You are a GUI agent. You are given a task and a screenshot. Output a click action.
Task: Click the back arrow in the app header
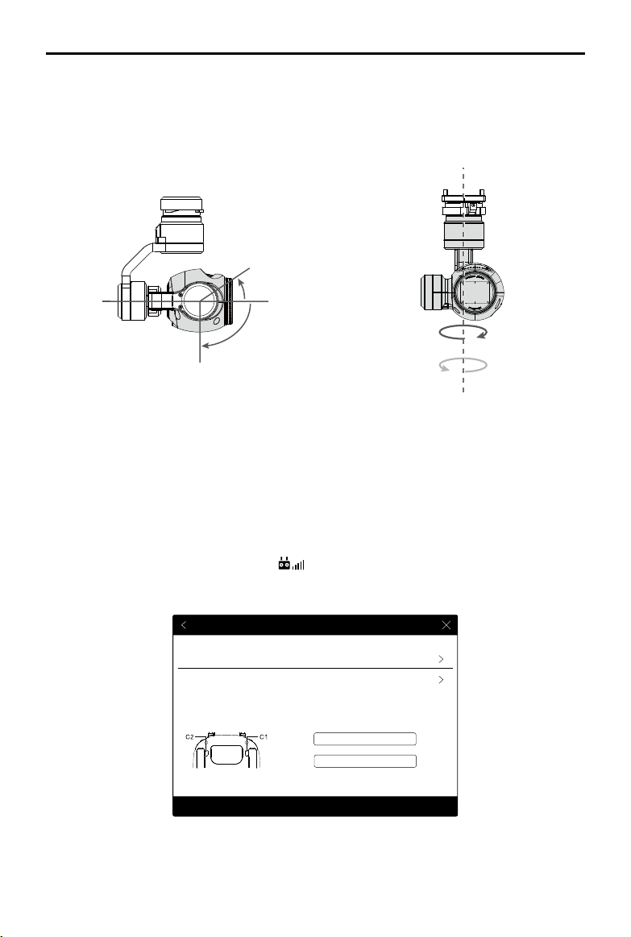pyautogui.click(x=184, y=625)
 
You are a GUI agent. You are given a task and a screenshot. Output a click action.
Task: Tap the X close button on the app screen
pyautogui.click(x=446, y=625)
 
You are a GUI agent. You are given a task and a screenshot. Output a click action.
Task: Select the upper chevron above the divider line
pyautogui.click(x=441, y=659)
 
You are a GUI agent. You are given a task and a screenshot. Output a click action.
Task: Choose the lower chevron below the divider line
pyautogui.click(x=441, y=680)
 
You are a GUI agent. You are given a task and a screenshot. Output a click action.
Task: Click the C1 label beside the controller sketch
pyautogui.click(x=263, y=737)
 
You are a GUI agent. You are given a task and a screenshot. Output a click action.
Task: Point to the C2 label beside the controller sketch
pyautogui.click(x=190, y=737)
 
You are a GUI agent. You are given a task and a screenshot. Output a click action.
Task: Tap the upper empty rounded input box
pyautogui.click(x=364, y=739)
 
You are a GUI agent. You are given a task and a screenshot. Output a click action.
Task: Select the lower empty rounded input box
pyautogui.click(x=364, y=761)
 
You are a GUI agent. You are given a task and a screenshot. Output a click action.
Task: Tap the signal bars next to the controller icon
pyautogui.click(x=298, y=564)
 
